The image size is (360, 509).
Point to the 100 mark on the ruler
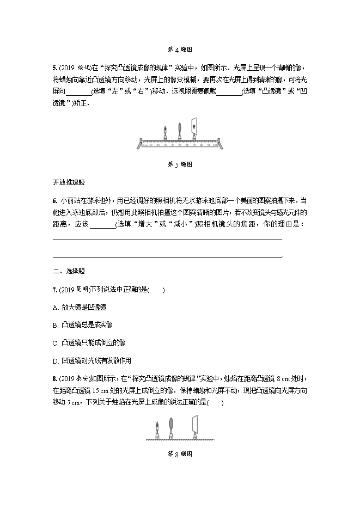point(216,145)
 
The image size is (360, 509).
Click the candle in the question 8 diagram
point(158,428)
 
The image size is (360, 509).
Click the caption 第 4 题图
point(180,49)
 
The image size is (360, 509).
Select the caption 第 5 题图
point(180,164)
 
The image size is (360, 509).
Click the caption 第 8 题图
point(180,453)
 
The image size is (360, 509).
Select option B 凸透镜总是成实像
point(82,325)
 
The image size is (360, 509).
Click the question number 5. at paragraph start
point(54,68)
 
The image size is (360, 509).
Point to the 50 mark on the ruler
point(180,145)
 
